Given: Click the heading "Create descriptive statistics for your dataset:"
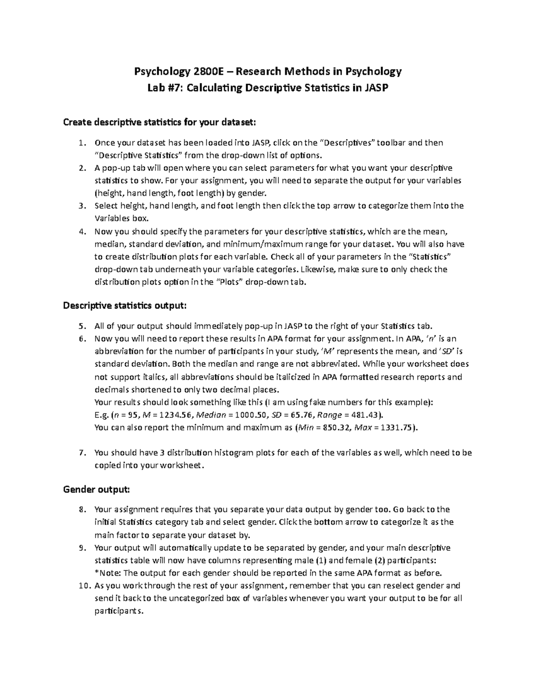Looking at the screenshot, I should click(160, 122).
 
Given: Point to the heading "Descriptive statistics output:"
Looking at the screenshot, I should click(125, 306).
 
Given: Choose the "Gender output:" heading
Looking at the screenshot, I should click(96, 490).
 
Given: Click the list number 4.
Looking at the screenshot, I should click(81, 232).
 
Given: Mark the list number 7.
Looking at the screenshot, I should click(81, 452).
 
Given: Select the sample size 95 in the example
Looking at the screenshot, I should click(132, 415).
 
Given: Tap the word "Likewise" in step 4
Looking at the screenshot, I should click(315, 270).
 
